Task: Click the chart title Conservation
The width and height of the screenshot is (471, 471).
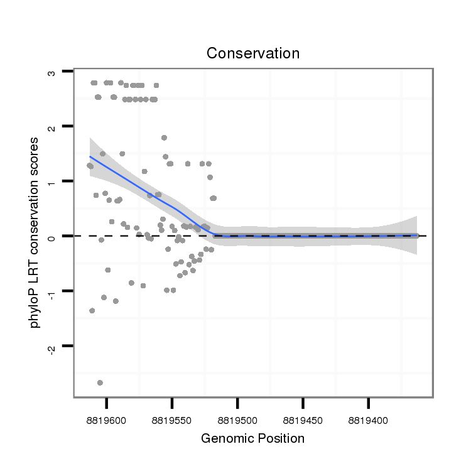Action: (253, 53)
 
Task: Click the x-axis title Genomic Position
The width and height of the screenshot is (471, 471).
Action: (252, 438)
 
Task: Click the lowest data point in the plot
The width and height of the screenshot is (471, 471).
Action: (100, 382)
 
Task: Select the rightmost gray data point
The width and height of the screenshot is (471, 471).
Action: (416, 235)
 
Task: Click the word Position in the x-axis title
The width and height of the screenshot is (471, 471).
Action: (279, 438)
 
